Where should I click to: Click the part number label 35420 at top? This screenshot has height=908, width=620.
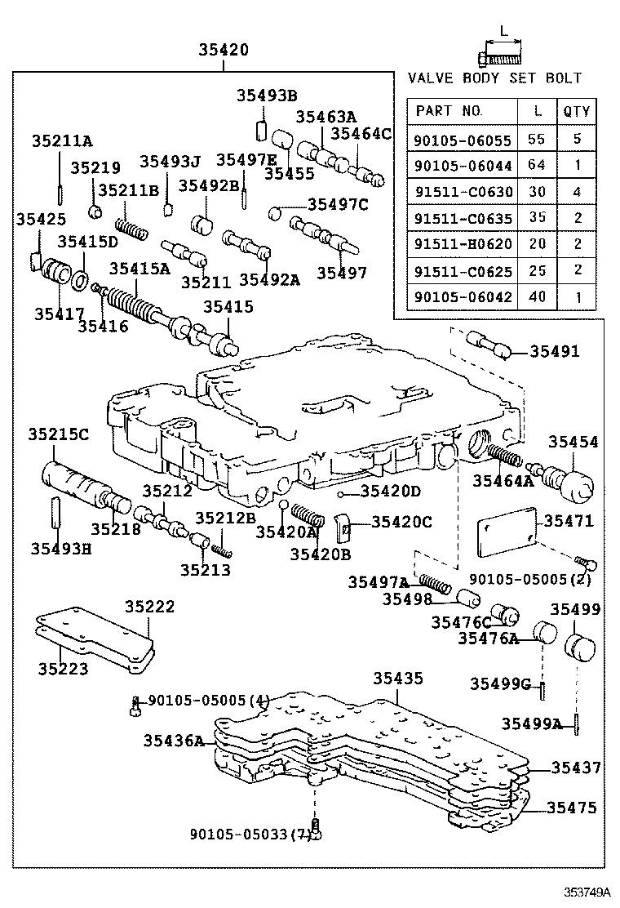pyautogui.click(x=224, y=50)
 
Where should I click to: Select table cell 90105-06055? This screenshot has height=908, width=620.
pyautogui.click(x=463, y=140)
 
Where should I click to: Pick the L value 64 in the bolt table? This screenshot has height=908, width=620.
pyautogui.click(x=535, y=166)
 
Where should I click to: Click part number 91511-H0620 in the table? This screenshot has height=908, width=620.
pyautogui.click(x=463, y=245)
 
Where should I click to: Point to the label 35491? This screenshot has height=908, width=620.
pyautogui.click(x=554, y=352)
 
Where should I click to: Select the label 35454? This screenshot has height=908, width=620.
pyautogui.click(x=572, y=442)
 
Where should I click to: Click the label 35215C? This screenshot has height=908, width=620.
pyautogui.click(x=58, y=434)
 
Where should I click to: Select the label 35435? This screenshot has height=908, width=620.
pyautogui.click(x=398, y=679)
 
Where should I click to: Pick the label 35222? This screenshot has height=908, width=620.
pyautogui.click(x=149, y=608)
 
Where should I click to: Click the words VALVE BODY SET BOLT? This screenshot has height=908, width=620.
pyautogui.click(x=494, y=78)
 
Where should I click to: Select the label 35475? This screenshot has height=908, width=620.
pyautogui.click(x=571, y=808)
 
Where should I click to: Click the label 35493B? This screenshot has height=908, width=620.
pyautogui.click(x=267, y=96)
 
